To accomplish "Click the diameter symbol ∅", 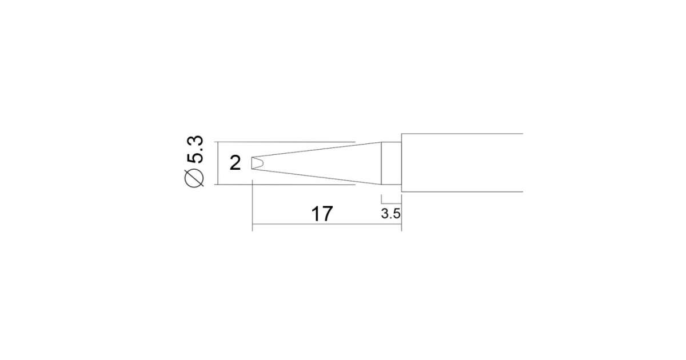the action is (194, 178).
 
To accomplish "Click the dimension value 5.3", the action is (195, 150).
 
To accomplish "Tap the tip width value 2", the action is (235, 163).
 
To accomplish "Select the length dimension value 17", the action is (322, 214).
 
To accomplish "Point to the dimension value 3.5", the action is (391, 214).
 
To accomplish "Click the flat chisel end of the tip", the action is (252, 163).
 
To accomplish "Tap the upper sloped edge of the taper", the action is (316, 150).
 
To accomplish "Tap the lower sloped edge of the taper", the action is (316, 177).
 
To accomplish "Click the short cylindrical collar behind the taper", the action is (392, 163).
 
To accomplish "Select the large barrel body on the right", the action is (462, 163).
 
